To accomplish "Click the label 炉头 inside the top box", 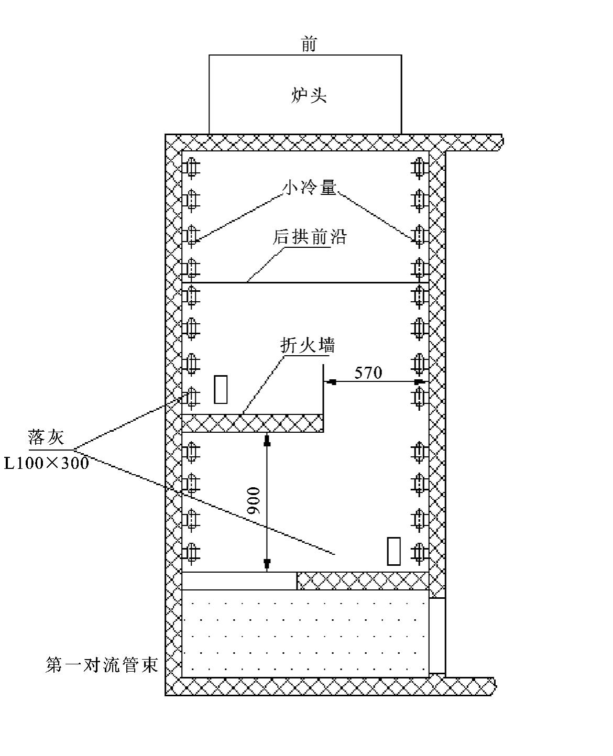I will click(x=309, y=96).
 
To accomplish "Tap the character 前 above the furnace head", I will click(x=309, y=45).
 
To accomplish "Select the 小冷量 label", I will click(x=309, y=187).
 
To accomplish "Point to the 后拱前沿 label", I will click(x=309, y=237).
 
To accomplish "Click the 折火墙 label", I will click(x=307, y=346).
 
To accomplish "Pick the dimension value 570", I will click(x=368, y=372).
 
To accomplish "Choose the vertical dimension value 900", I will click(x=254, y=500).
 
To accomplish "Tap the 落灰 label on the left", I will click(x=46, y=437).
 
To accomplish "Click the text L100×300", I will click(x=46, y=463).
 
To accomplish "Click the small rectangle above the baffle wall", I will click(x=221, y=389).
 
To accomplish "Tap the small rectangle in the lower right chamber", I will click(x=394, y=551).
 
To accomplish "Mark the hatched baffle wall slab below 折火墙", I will click(x=251, y=423).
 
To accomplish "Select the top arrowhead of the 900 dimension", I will click(x=267, y=442).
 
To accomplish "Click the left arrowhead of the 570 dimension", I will click(x=331, y=382).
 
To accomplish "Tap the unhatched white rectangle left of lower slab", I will click(x=239, y=580).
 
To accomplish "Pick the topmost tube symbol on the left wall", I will click(x=191, y=168).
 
